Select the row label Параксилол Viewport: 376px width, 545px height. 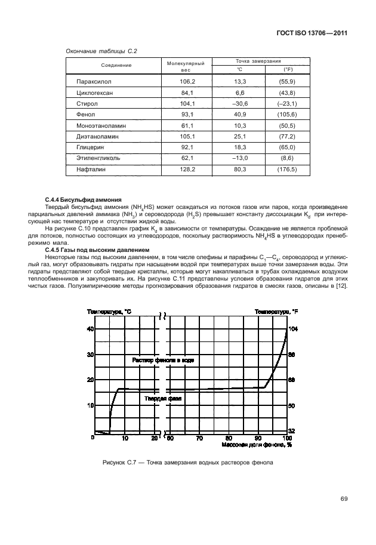(x=94, y=81)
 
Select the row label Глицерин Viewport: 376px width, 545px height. (x=91, y=147)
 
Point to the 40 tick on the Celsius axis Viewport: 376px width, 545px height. (x=91, y=329)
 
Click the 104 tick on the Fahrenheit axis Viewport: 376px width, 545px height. (x=293, y=329)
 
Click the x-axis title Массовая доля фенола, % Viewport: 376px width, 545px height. (x=256, y=445)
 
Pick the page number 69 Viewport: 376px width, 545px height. (x=344, y=498)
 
